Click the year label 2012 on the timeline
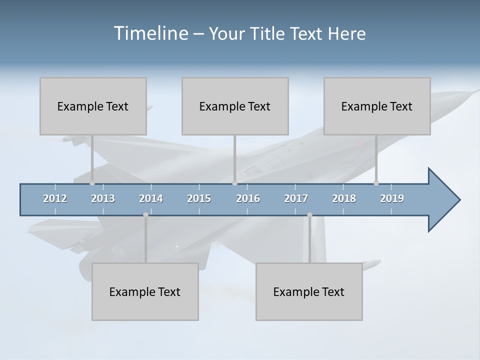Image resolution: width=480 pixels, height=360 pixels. pyautogui.click(x=55, y=198)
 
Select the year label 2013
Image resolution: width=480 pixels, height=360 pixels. pyautogui.click(x=103, y=198)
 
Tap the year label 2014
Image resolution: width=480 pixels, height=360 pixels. pyautogui.click(x=151, y=198)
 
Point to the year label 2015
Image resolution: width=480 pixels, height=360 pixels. pyautogui.click(x=199, y=198)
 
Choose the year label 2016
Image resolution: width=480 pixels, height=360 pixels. pyautogui.click(x=248, y=198)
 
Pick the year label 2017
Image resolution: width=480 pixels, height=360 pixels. pyautogui.click(x=296, y=198)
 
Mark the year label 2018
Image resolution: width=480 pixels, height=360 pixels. pyautogui.click(x=344, y=198)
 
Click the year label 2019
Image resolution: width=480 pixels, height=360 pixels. pyautogui.click(x=392, y=198)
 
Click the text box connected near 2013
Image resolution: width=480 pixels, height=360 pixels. pyautogui.click(x=93, y=106)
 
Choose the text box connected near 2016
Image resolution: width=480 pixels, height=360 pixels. pyautogui.click(x=235, y=106)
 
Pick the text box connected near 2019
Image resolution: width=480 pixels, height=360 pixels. pyautogui.click(x=377, y=106)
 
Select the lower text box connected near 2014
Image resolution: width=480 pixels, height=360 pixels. pyautogui.click(x=145, y=291)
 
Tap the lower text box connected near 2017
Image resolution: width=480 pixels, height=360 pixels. pyautogui.click(x=309, y=291)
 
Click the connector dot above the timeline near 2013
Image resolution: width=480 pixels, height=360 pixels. pyautogui.click(x=92, y=183)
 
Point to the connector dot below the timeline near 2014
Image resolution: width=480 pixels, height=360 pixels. pyautogui.click(x=145, y=215)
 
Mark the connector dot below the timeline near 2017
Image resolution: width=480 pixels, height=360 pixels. pyautogui.click(x=309, y=215)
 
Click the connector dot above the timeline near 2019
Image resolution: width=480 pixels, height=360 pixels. pyautogui.click(x=376, y=183)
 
